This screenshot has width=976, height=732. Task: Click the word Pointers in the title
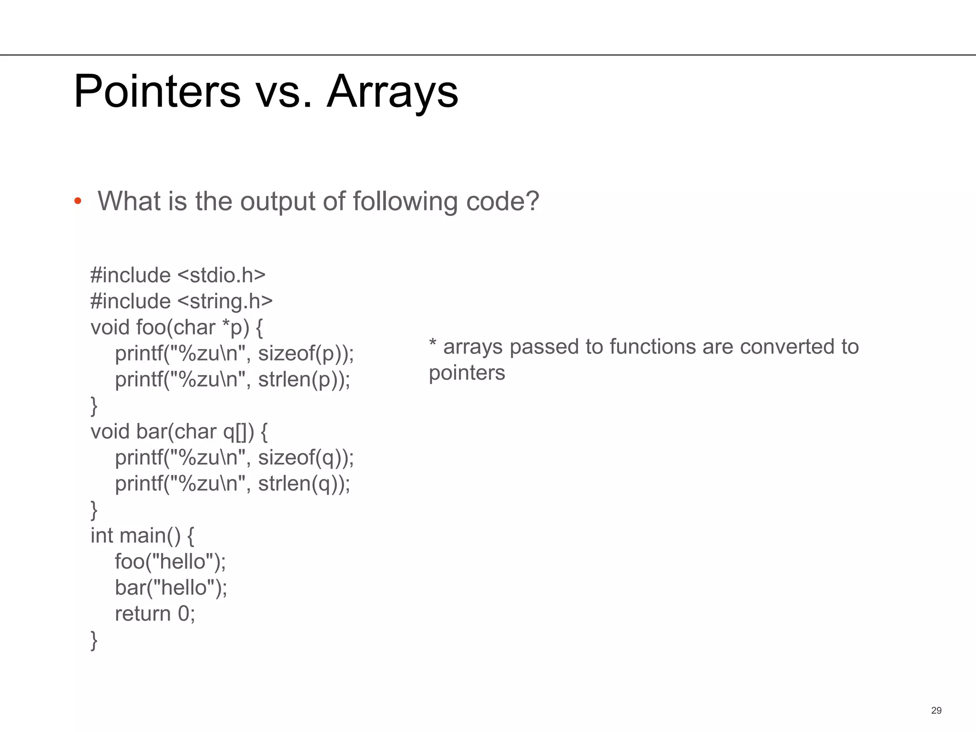157,91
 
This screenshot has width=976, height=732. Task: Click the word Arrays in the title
392,91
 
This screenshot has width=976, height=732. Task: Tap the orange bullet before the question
78,201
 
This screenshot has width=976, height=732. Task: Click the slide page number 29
936,711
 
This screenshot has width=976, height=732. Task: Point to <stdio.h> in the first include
221,275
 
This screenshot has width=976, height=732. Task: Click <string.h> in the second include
225,301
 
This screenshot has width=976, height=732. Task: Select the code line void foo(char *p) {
176,327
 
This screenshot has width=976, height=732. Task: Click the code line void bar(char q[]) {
179,432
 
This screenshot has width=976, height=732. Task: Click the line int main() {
142,536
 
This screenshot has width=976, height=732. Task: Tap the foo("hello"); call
170,562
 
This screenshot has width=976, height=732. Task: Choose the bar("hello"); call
171,588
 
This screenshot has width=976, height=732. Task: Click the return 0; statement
155,614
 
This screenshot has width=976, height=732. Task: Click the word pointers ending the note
467,373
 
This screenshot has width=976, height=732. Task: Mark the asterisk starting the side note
433,343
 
